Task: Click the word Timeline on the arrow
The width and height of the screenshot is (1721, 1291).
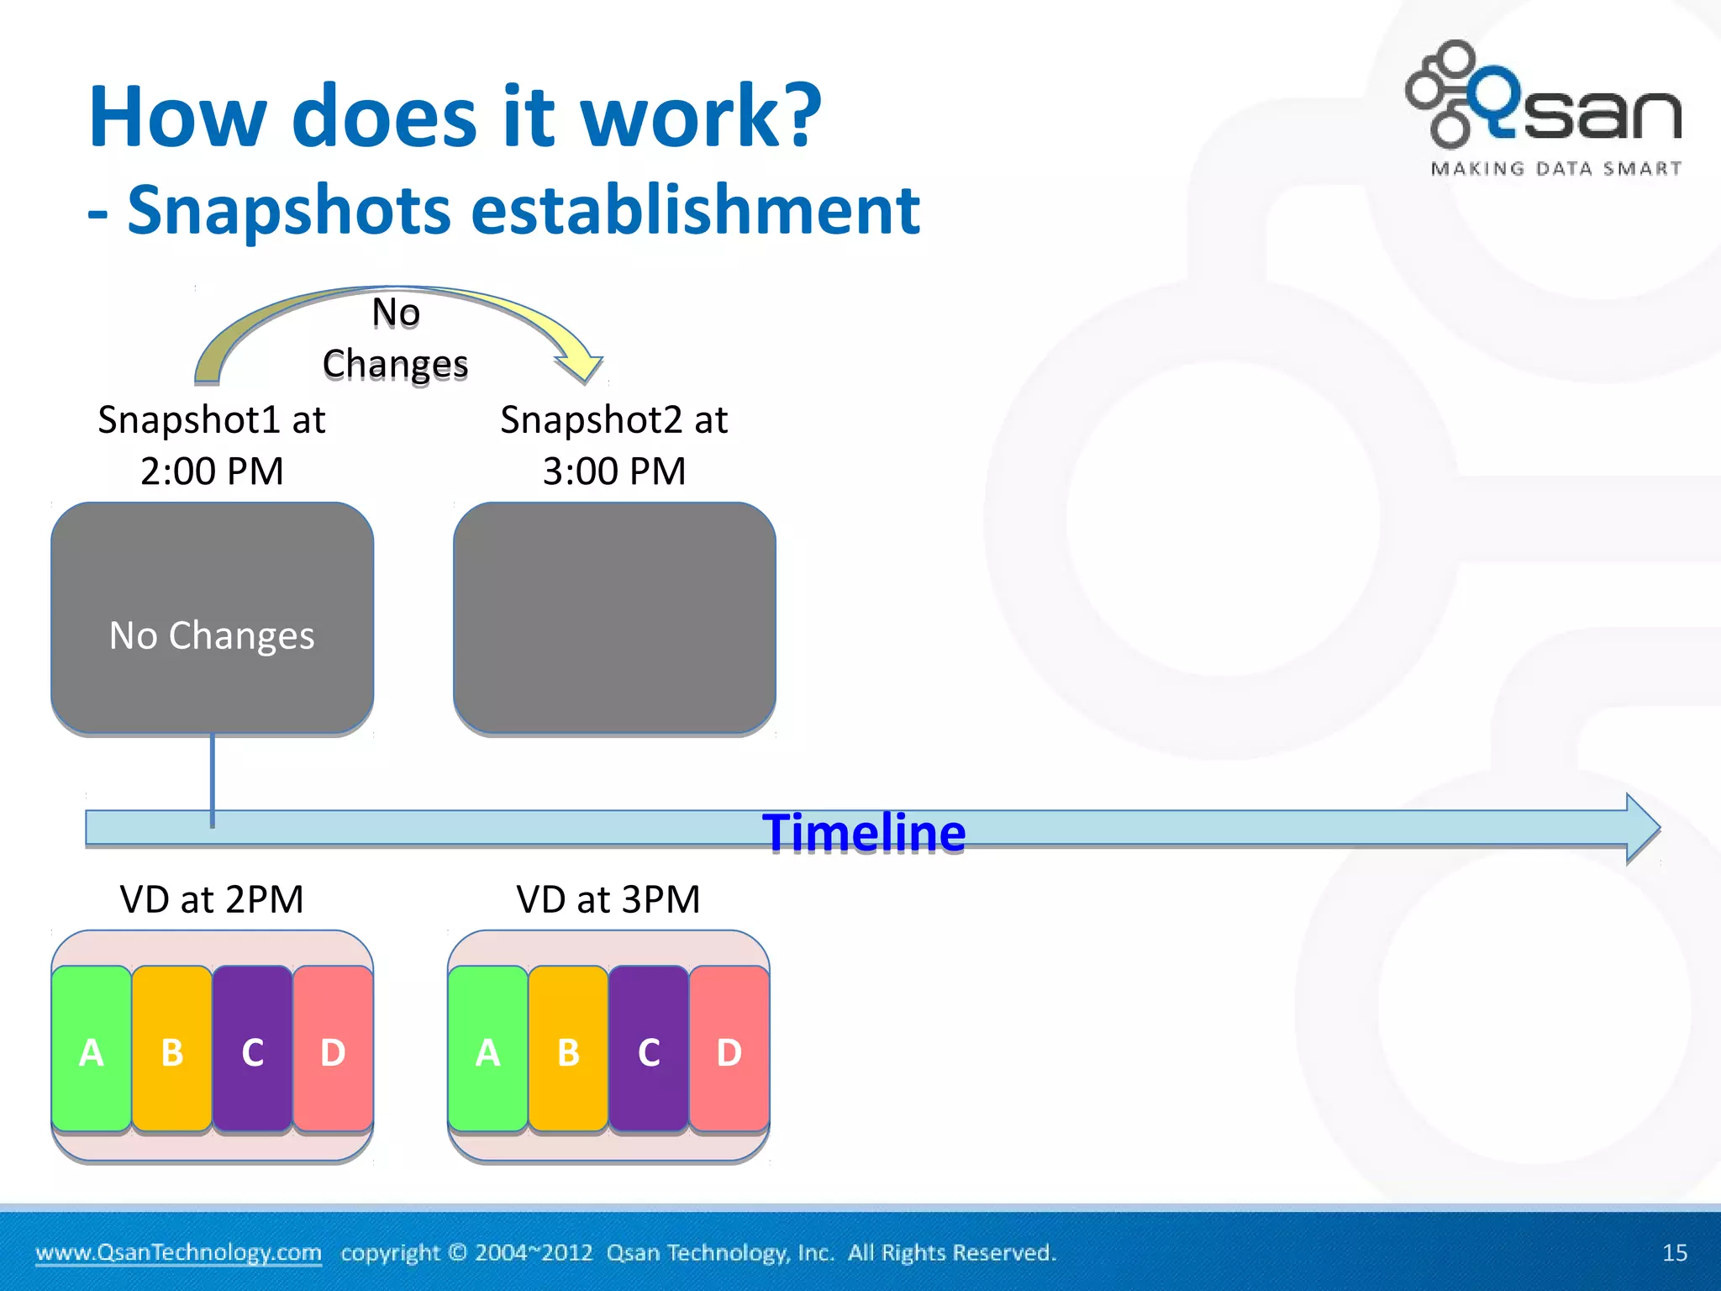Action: pyautogui.click(x=864, y=833)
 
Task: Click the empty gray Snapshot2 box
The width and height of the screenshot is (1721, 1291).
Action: pyautogui.click(x=614, y=618)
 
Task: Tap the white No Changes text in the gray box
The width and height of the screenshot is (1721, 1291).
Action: pyautogui.click(x=212, y=635)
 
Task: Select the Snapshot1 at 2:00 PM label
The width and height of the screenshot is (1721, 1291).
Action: pyautogui.click(x=212, y=445)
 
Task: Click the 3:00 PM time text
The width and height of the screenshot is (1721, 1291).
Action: pyautogui.click(x=614, y=471)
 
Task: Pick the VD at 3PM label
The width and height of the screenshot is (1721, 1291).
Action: pyautogui.click(x=608, y=899)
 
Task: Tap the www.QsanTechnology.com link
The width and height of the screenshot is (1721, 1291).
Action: pyautogui.click(x=178, y=1252)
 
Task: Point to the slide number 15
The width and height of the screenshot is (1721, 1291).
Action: pyautogui.click(x=1674, y=1252)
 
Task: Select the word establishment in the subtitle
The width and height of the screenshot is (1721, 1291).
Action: pyautogui.click(x=695, y=210)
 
